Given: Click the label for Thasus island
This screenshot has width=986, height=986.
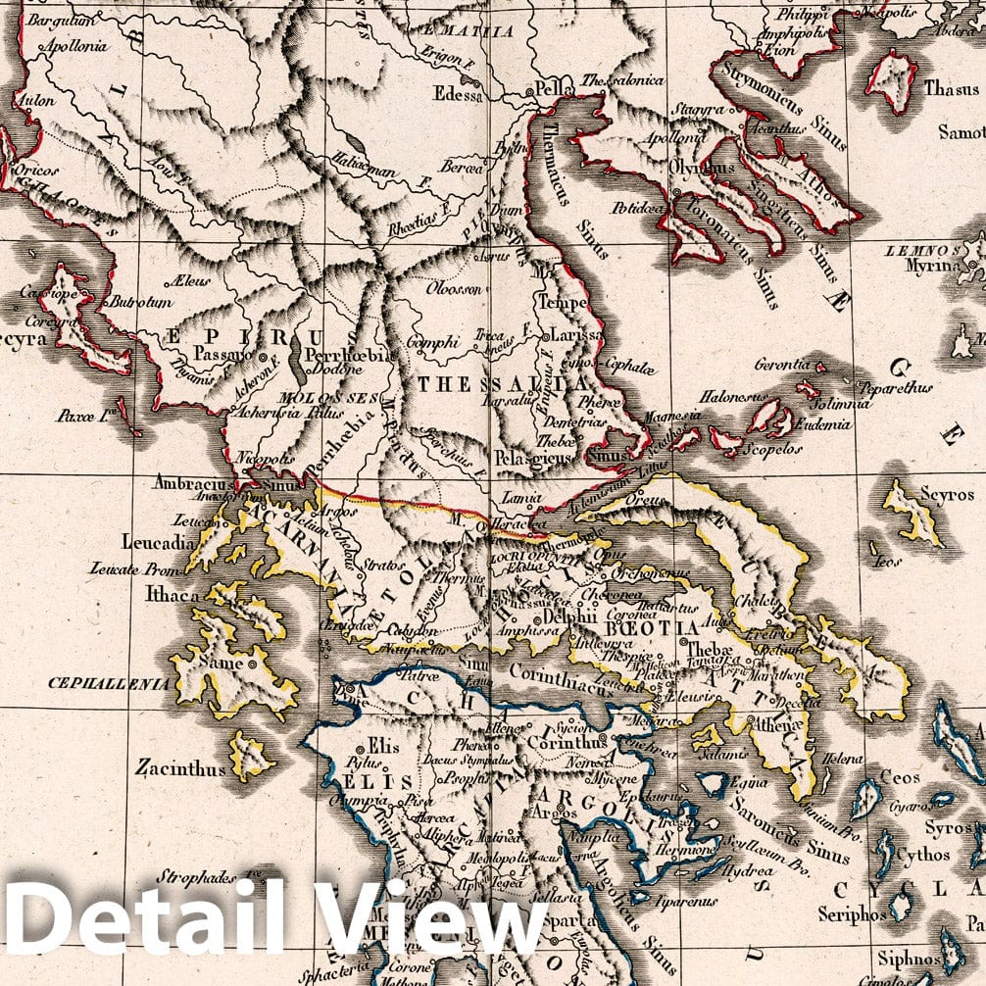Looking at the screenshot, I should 951,89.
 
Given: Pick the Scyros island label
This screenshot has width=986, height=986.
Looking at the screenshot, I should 946,495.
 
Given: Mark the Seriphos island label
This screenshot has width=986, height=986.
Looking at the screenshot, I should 849,915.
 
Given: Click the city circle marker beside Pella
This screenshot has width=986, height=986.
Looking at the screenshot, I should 529,91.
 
